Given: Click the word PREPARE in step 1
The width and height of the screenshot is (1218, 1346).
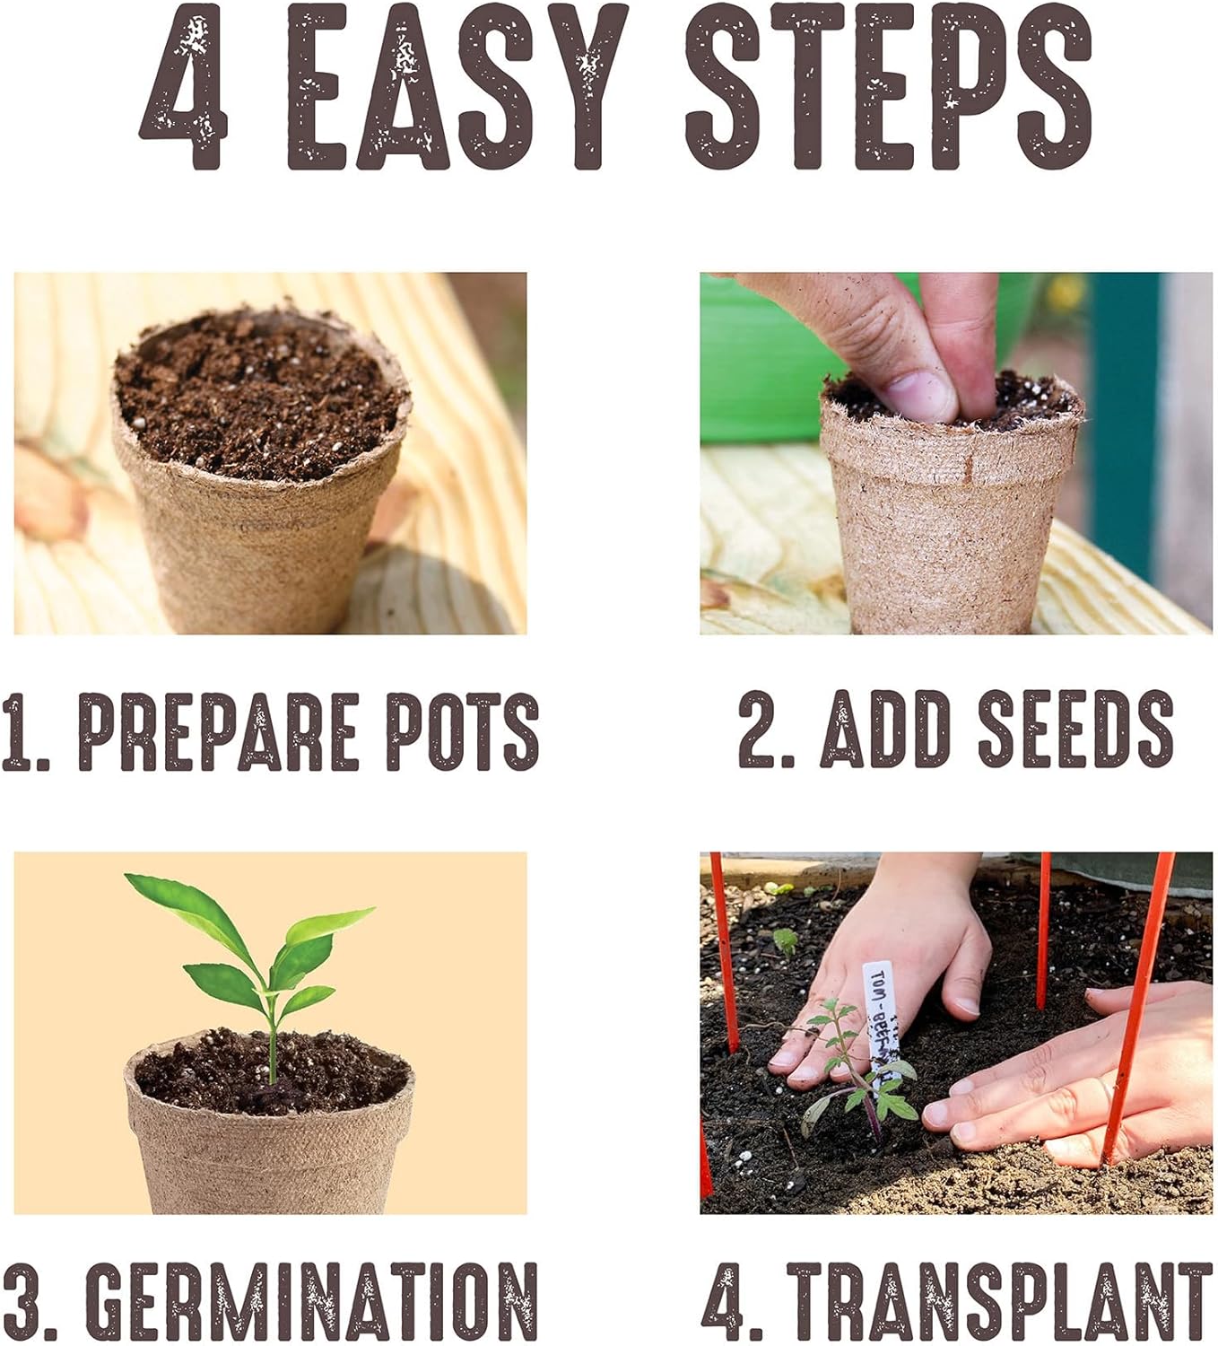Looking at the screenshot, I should coord(219,731).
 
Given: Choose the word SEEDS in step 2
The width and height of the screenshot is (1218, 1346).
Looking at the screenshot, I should coord(1074,729).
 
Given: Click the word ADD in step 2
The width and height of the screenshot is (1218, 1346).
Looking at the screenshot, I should coord(884,729).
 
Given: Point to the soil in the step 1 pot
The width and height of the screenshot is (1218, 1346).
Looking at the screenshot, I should coord(260,395).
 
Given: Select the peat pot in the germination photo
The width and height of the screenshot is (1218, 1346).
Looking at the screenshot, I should coord(269,1158).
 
